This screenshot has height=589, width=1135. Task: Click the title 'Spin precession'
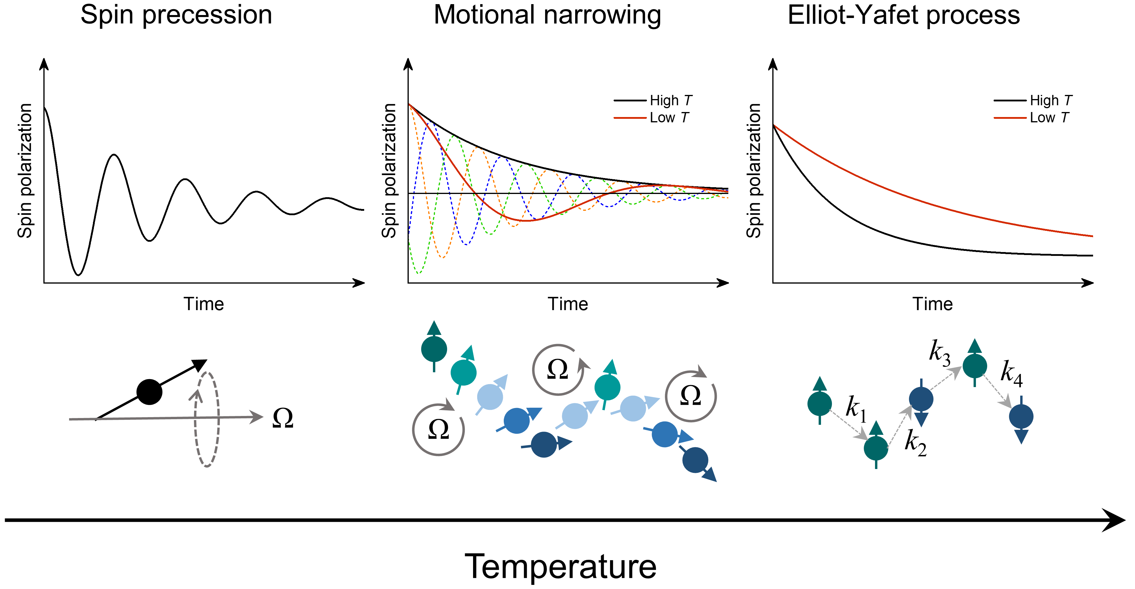[x=176, y=15]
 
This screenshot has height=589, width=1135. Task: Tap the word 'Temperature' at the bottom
[x=560, y=567]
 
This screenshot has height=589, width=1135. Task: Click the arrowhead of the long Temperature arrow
[x=1115, y=520]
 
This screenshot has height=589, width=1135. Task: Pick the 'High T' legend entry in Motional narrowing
[x=670, y=101]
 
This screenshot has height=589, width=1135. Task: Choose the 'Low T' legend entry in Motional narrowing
[x=669, y=118]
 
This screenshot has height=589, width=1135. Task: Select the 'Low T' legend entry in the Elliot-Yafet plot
[x=1049, y=118]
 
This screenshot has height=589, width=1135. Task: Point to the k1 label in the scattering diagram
[x=856, y=408]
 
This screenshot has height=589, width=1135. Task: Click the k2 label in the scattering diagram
[x=915, y=442]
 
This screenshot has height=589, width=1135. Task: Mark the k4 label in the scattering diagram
[x=1011, y=373]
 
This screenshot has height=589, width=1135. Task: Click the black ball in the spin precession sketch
[x=149, y=392]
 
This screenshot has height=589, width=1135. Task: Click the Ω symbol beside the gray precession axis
[x=283, y=418]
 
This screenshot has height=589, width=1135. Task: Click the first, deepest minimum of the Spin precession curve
[x=78, y=275]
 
